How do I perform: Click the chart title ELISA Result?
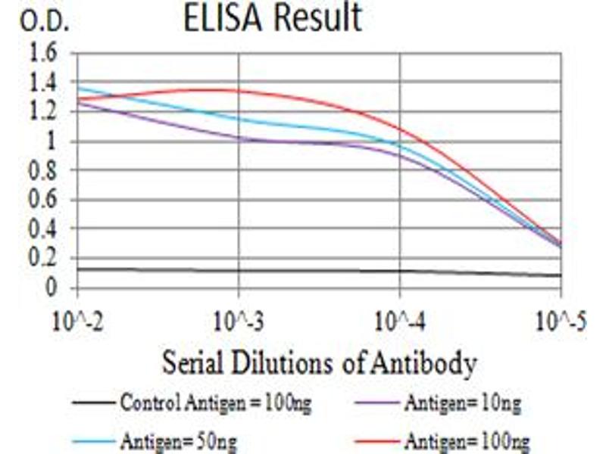(x=273, y=19)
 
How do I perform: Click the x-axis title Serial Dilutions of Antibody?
(x=319, y=364)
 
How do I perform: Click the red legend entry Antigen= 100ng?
(x=467, y=439)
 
